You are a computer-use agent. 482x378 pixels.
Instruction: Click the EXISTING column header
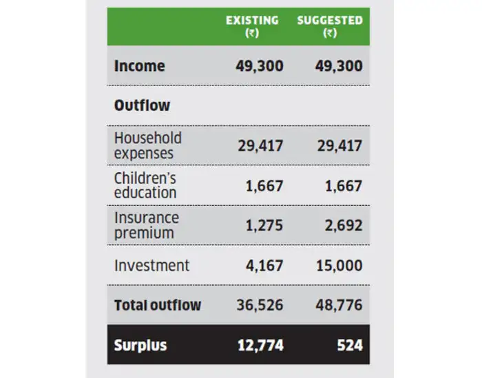pyautogui.click(x=252, y=21)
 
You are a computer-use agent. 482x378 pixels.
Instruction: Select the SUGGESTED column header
pyautogui.click(x=330, y=21)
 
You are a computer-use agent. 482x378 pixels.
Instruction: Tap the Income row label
pyautogui.click(x=140, y=66)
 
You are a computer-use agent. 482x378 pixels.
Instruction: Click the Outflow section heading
pyautogui.click(x=142, y=106)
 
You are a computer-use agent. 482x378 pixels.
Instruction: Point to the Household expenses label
pyautogui.click(x=147, y=145)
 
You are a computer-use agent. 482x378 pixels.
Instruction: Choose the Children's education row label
pyautogui.click(x=145, y=185)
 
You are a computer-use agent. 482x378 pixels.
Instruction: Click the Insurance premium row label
pyautogui.click(x=146, y=225)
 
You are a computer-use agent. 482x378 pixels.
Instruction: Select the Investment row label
pyautogui.click(x=151, y=265)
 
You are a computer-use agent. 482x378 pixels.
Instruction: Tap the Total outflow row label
pyautogui.click(x=158, y=304)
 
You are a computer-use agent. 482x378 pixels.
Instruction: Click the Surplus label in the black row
pyautogui.click(x=140, y=344)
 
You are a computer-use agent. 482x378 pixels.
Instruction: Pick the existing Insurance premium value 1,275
pyautogui.click(x=264, y=225)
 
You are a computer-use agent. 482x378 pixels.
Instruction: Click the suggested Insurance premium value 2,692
pyautogui.click(x=343, y=225)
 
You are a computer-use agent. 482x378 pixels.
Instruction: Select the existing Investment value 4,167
pyautogui.click(x=264, y=265)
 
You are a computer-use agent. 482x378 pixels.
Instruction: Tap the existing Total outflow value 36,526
pyautogui.click(x=260, y=304)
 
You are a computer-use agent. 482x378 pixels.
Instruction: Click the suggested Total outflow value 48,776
pyautogui.click(x=339, y=304)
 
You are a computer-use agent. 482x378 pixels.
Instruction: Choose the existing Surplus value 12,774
pyautogui.click(x=260, y=344)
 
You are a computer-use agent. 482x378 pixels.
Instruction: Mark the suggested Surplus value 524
pyautogui.click(x=350, y=344)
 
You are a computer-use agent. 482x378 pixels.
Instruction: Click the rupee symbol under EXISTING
pyautogui.click(x=252, y=34)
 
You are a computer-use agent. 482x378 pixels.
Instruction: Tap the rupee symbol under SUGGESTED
pyautogui.click(x=330, y=34)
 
